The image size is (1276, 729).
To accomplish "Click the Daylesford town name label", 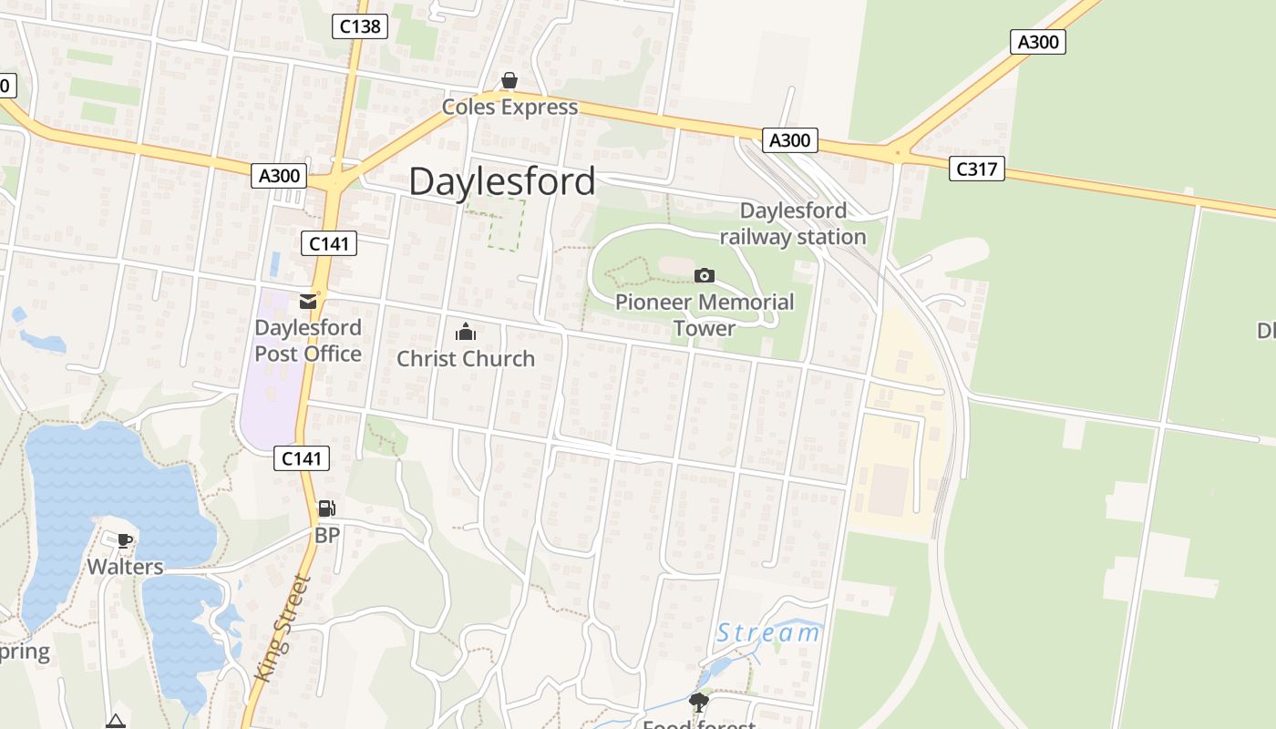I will [x=502, y=181].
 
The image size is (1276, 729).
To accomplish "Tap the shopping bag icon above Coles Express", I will [x=509, y=82].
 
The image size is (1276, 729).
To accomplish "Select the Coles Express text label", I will [x=509, y=108].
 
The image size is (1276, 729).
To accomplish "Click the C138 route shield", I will [x=360, y=26].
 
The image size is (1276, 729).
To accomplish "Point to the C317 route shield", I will [x=976, y=169].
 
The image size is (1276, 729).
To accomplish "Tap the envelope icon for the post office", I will [x=308, y=302].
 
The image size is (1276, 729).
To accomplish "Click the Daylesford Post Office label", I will [x=308, y=341].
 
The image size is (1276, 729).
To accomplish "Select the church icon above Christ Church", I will [x=466, y=332].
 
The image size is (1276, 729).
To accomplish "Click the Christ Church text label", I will [x=466, y=359].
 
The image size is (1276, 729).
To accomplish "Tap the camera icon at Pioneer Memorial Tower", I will [x=705, y=275].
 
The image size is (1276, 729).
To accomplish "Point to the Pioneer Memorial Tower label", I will [x=705, y=315].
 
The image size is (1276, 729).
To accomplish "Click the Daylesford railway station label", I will [x=793, y=224].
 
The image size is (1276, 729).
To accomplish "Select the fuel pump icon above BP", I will [x=326, y=508].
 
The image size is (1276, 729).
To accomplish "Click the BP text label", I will [x=326, y=536].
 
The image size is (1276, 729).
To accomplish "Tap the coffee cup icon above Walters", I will [x=125, y=540].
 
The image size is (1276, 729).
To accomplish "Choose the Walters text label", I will [x=125, y=567].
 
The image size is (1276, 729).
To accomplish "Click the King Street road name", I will [x=284, y=628].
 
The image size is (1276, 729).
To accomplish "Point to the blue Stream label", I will [x=767, y=632].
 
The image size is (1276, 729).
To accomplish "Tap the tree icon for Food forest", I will [x=699, y=702].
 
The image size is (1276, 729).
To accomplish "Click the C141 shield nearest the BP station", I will [x=302, y=459].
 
